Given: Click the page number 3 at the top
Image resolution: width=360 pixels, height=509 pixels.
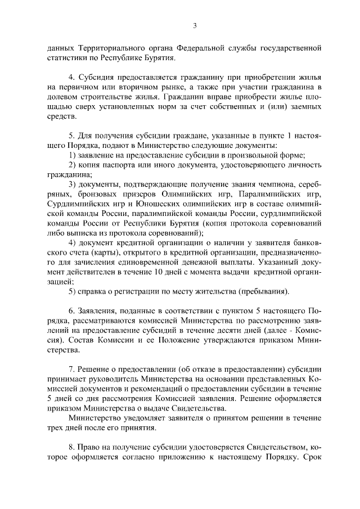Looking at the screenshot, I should point(194,25).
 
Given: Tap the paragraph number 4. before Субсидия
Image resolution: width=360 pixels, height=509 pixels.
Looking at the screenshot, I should point(72,78).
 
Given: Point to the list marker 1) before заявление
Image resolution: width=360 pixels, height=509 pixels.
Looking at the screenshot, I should point(72,154).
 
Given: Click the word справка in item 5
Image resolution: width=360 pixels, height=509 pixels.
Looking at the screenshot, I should point(97,291).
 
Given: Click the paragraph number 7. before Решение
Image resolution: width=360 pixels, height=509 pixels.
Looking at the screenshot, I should point(72,370).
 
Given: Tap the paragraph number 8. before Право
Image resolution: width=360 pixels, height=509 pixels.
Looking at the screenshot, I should point(72,448).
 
